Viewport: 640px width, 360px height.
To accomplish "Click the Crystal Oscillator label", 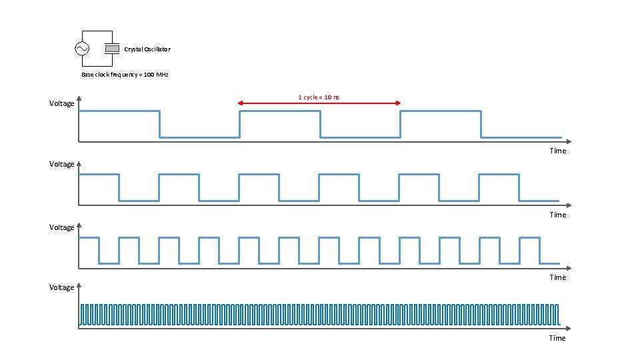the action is point(147,49).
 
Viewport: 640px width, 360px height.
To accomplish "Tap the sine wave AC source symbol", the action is point(82,49).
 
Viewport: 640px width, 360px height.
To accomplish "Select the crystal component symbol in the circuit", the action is point(112,49).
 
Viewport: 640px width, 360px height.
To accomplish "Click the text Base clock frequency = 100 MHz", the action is point(125,75).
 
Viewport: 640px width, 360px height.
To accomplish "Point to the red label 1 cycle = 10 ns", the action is point(319,97).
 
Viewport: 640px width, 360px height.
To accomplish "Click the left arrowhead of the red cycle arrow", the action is point(241,103).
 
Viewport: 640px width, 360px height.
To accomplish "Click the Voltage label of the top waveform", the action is point(62,103).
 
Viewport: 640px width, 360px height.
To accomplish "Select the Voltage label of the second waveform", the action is point(62,164).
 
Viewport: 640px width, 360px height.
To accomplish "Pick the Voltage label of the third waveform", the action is point(62,227).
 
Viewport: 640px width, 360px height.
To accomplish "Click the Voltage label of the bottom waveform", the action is point(62,287).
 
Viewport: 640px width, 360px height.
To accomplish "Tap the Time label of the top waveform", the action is point(557,151).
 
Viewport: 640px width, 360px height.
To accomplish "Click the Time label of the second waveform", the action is point(557,215).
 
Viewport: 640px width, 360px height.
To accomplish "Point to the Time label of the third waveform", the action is point(557,277).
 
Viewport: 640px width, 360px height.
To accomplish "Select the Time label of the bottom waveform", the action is point(557,338).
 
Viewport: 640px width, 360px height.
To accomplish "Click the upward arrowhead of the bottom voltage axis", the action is point(79,284).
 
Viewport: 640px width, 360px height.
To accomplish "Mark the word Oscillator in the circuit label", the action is point(157,49).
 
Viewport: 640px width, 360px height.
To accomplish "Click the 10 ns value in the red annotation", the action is point(331,97).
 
